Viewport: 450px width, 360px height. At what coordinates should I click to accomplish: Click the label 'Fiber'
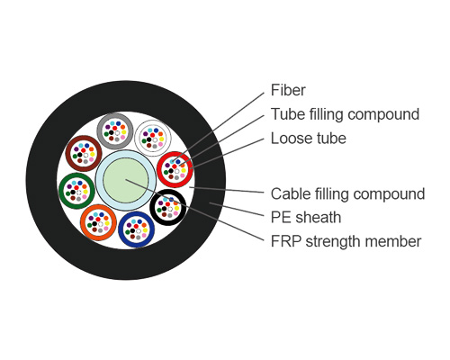pyautogui.click(x=288, y=90)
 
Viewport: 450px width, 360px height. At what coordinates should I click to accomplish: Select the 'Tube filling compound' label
pyautogui.click(x=345, y=114)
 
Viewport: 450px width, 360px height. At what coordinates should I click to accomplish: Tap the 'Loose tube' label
pyautogui.click(x=308, y=139)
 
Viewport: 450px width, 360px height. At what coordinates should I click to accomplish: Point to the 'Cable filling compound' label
pyautogui.click(x=347, y=193)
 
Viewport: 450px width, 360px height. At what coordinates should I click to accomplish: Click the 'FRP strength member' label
pyautogui.click(x=346, y=241)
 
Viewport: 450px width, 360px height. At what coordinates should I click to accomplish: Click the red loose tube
pyautogui.click(x=174, y=168)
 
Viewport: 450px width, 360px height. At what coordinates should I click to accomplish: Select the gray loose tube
pyautogui.click(x=115, y=132)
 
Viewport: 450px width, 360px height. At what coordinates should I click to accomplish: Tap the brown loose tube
pyautogui.click(x=84, y=153)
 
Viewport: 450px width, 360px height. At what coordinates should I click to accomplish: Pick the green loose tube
pyautogui.click(x=76, y=190)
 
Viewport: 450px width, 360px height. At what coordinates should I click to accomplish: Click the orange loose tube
pyautogui.click(x=98, y=221)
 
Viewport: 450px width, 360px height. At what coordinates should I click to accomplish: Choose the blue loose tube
pyautogui.click(x=136, y=229)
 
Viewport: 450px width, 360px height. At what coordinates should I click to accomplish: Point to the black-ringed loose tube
pyautogui.click(x=168, y=208)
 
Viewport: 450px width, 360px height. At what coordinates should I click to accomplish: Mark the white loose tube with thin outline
pyautogui.click(x=152, y=139)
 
